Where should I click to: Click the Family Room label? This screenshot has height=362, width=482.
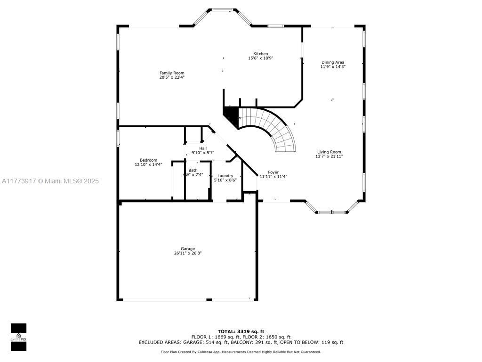pyautogui.click(x=172, y=73)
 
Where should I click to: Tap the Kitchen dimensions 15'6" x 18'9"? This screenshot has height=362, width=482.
pyautogui.click(x=261, y=58)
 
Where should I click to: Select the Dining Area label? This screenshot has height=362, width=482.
pyautogui.click(x=333, y=62)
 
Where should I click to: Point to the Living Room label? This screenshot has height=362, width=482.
pyautogui.click(x=329, y=152)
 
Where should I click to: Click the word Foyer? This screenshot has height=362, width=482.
pyautogui.click(x=273, y=173)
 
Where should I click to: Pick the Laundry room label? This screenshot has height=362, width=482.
pyautogui.click(x=225, y=176)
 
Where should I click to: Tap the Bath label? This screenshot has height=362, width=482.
pyautogui.click(x=193, y=170)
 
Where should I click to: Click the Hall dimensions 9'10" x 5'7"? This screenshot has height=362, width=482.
pyautogui.click(x=203, y=153)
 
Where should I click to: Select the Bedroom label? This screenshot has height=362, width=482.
pyautogui.click(x=148, y=160)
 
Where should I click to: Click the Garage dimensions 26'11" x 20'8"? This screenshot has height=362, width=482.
pyautogui.click(x=188, y=253)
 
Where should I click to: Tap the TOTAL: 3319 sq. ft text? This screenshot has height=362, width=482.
pyautogui.click(x=241, y=331)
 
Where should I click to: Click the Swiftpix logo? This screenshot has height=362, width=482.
pyautogui.click(x=18, y=337)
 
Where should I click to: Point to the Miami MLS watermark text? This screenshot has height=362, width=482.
pyautogui.click(x=50, y=181)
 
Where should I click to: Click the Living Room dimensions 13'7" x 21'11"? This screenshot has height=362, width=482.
pyautogui.click(x=329, y=156)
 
